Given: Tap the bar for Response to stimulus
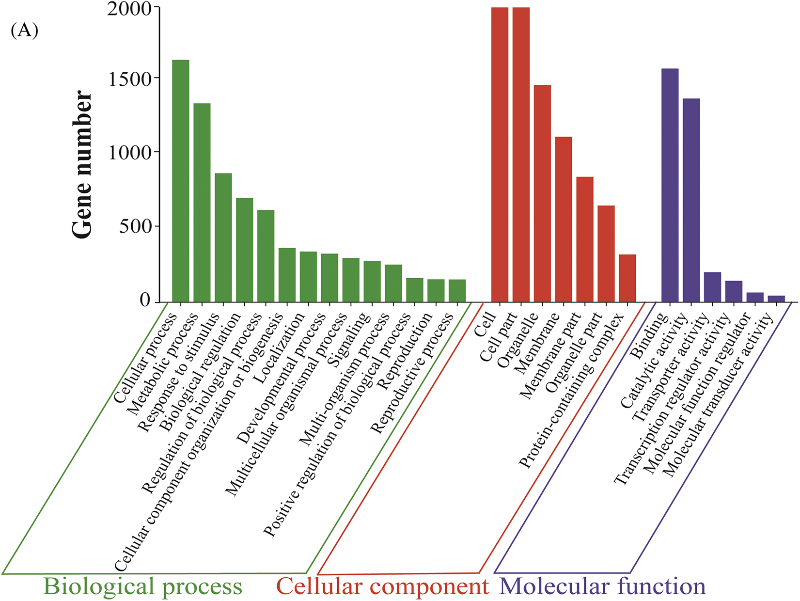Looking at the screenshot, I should click(x=223, y=237).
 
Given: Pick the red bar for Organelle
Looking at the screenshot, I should click(x=542, y=193).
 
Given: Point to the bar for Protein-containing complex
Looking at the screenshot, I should click(x=627, y=278).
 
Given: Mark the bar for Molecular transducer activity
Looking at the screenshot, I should click(x=776, y=299).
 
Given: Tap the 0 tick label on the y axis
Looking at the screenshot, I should click(x=145, y=300).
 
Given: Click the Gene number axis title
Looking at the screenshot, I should click(x=82, y=164).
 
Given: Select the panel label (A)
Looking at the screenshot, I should click(x=24, y=31).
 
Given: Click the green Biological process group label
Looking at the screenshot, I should click(x=142, y=586).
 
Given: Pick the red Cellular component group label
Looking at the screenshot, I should click(x=382, y=586).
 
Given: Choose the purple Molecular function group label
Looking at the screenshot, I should click(x=602, y=586).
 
